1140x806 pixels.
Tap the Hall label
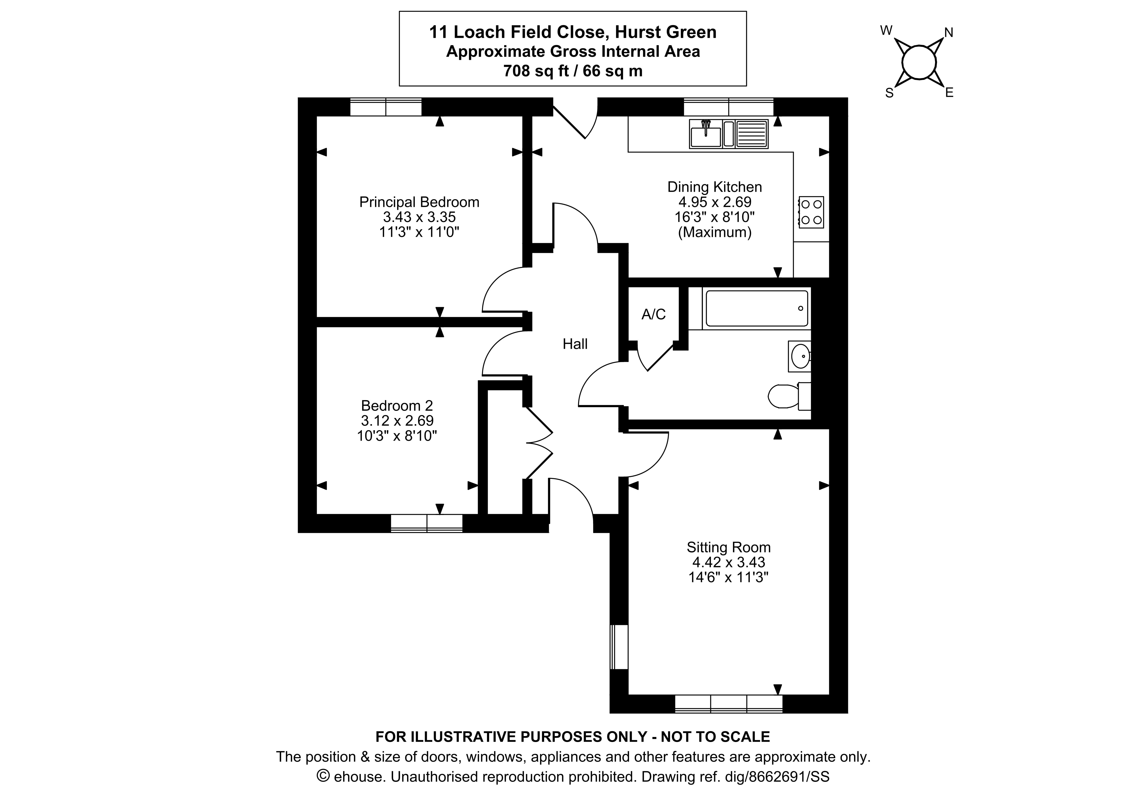click(x=575, y=344)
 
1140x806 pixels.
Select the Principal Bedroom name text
click(x=419, y=202)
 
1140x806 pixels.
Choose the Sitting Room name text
click(x=728, y=547)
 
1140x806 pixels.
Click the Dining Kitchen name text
click(x=715, y=187)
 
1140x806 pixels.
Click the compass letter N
click(x=948, y=33)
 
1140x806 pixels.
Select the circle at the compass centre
click(x=919, y=63)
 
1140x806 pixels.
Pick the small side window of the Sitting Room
click(x=619, y=647)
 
